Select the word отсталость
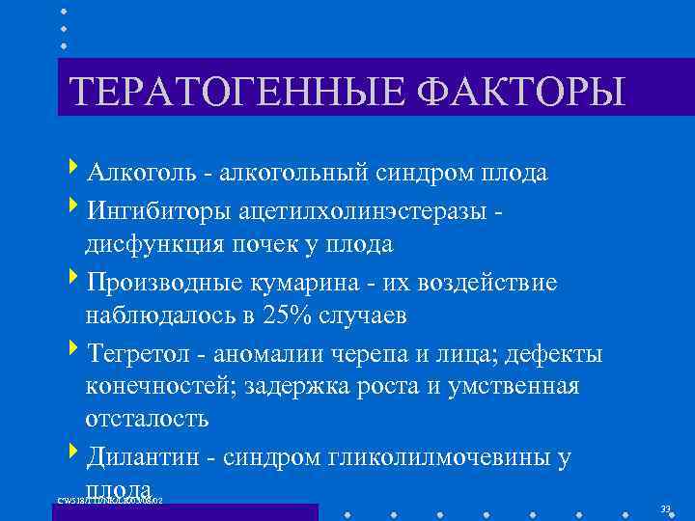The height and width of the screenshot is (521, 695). [147, 421]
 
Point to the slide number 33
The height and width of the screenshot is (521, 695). [666, 508]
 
